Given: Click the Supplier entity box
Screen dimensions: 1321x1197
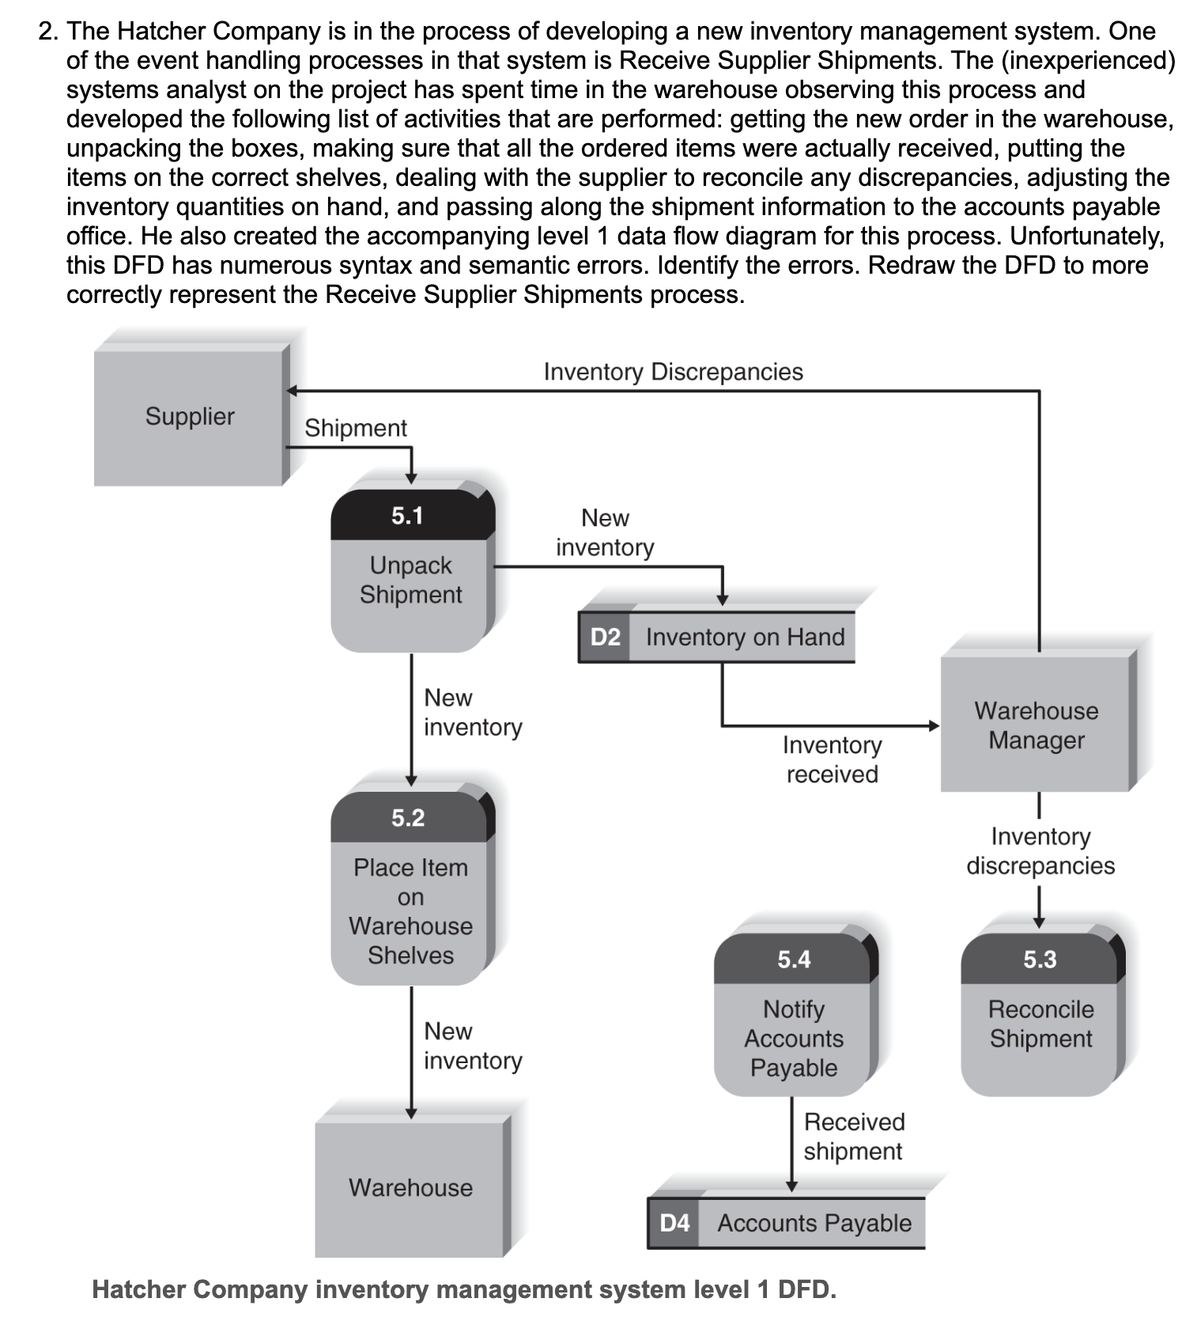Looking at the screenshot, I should (x=190, y=416).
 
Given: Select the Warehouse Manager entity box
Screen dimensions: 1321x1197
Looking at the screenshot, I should (x=1036, y=725).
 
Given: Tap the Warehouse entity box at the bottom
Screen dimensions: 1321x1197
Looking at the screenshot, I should (x=410, y=1187).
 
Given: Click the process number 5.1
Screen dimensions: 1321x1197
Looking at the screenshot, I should (x=408, y=516).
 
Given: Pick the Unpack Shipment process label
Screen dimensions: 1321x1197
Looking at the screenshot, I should (x=410, y=580).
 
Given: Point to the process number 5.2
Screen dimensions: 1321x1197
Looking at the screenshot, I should (x=408, y=817).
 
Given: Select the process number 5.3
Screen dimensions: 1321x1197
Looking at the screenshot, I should (x=1040, y=959).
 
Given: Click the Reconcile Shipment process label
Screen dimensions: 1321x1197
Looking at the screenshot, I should (x=1040, y=1024).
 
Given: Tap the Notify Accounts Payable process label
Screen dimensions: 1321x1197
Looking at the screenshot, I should (x=794, y=1038).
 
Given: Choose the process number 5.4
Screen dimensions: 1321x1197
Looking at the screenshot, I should (x=794, y=959).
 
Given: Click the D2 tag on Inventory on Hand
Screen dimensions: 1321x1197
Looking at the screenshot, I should (x=605, y=637).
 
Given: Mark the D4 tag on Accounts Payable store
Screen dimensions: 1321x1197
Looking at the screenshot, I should (x=674, y=1223).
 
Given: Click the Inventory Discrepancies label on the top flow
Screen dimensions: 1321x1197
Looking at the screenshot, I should (x=673, y=372).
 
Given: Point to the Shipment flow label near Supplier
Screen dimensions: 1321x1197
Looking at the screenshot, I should (x=356, y=428).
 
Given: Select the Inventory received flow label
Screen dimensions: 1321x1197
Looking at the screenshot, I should (x=832, y=759).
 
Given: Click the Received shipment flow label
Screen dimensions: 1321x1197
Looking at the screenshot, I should (x=854, y=1136).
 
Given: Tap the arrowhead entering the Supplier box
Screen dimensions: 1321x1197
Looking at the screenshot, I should (x=291, y=391).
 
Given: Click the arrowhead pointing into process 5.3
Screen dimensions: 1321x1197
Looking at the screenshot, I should (x=1039, y=922).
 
